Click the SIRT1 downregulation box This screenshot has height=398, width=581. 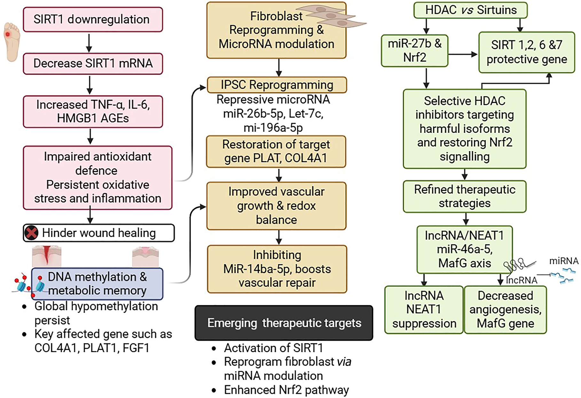pyautogui.click(x=93, y=20)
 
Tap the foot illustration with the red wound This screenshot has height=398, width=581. pyautogui.click(x=12, y=42)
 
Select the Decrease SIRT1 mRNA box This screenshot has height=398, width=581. pyautogui.click(x=93, y=64)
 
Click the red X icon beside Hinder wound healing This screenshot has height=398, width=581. pyautogui.click(x=31, y=233)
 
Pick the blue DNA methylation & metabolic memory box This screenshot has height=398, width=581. pyautogui.click(x=97, y=284)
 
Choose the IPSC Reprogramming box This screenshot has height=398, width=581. pyautogui.click(x=277, y=85)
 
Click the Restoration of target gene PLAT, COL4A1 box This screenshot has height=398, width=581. pyautogui.click(x=276, y=151)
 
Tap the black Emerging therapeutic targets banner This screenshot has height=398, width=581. pyautogui.click(x=284, y=323)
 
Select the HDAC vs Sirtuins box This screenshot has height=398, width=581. pyautogui.click(x=470, y=10)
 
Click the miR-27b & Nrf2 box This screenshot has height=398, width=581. pyautogui.click(x=414, y=51)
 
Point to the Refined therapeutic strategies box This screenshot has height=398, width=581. pyautogui.click(x=464, y=196)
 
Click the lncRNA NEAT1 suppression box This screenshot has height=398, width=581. pyautogui.click(x=424, y=310)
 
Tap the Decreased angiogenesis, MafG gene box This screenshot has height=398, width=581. pyautogui.click(x=505, y=310)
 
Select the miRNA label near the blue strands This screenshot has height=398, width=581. pyautogui.click(x=564, y=261)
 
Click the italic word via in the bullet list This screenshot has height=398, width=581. pyautogui.click(x=344, y=362)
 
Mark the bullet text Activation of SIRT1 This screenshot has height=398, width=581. pyautogui.click(x=273, y=348)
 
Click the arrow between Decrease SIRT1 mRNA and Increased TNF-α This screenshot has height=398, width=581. pyautogui.click(x=90, y=85)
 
